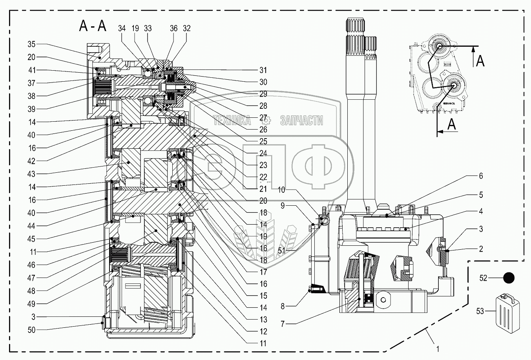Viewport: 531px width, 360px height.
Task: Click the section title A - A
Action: coord(93,26)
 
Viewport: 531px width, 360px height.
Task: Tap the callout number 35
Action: coord(31,44)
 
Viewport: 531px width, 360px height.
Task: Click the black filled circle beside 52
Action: coord(509,278)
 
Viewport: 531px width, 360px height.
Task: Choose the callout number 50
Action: coord(31,330)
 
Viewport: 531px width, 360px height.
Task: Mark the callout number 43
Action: coord(31,174)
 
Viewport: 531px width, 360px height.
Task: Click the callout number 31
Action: coord(263,70)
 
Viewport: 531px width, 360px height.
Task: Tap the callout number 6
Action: coord(481,176)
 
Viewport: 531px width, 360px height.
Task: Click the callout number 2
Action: coord(481,249)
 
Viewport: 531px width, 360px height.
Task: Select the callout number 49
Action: coord(31,304)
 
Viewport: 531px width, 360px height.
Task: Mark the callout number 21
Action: coord(263,189)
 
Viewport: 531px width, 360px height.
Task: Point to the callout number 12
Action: coord(263,331)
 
